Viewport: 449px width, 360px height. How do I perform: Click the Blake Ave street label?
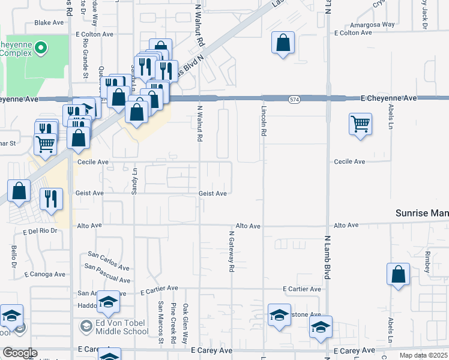tap(49, 23)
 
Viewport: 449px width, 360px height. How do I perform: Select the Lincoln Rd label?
tap(264, 121)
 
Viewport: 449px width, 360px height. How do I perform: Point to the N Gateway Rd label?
tap(231, 252)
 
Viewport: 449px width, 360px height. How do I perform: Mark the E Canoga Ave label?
tap(44, 274)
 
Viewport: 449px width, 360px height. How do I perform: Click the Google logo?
tap(20, 353)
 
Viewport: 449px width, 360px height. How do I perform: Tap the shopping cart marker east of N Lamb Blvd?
tap(360, 124)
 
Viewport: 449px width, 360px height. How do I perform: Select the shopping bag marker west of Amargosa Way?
tap(283, 43)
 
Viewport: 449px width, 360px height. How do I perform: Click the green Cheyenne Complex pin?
tap(41, 46)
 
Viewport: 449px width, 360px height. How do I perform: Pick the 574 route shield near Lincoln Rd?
tap(294, 98)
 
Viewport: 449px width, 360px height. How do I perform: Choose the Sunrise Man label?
tap(422, 213)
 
